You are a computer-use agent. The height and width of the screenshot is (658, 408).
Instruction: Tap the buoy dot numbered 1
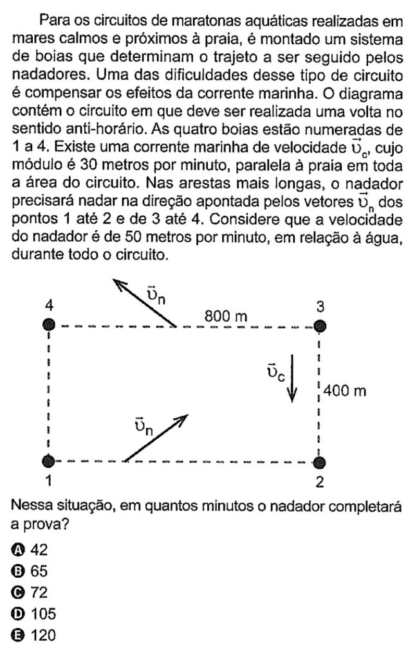[48, 461]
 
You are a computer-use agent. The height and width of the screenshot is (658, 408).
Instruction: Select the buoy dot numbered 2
[320, 461]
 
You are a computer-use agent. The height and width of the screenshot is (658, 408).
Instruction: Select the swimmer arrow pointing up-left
[145, 303]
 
